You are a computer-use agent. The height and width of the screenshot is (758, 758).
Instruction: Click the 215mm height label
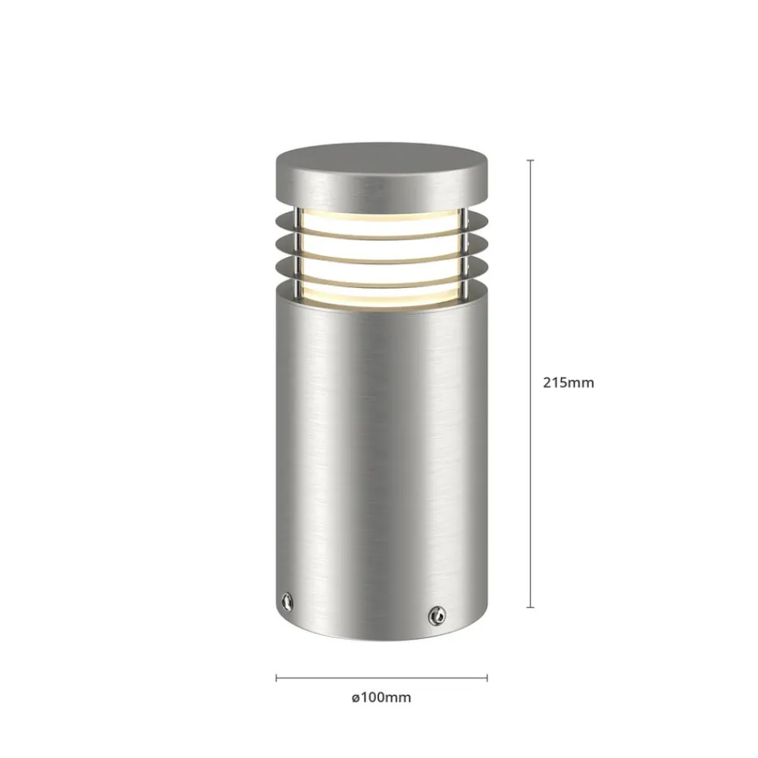(x=568, y=383)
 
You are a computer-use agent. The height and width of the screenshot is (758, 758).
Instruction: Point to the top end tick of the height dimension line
(x=530, y=161)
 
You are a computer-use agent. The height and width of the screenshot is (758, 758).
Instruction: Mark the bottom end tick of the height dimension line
(x=530, y=607)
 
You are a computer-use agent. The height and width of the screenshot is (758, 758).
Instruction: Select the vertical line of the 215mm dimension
(x=530, y=303)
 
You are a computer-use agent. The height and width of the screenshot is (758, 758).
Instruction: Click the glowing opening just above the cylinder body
(x=381, y=295)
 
